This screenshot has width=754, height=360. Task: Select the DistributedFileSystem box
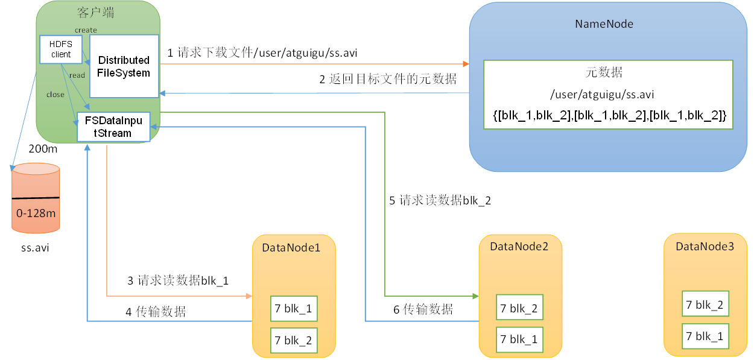(x=124, y=66)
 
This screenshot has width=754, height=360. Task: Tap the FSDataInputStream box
(x=113, y=127)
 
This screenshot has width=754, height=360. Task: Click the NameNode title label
(x=604, y=24)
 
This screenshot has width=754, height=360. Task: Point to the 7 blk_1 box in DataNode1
(x=294, y=309)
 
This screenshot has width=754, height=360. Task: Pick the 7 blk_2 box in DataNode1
(x=294, y=340)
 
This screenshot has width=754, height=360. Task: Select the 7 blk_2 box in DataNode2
(x=519, y=308)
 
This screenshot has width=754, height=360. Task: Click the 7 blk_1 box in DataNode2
(x=519, y=339)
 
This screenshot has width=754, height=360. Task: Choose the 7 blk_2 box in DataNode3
(x=705, y=305)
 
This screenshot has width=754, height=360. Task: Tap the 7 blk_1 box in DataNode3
(x=705, y=336)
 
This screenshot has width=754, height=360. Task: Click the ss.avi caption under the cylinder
(x=35, y=247)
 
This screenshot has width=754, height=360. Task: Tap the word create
(x=86, y=30)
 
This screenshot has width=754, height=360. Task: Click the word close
(x=55, y=95)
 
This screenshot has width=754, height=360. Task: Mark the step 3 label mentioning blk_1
(x=178, y=280)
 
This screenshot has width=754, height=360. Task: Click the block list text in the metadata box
(x=609, y=115)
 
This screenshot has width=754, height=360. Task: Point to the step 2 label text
(x=388, y=79)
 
